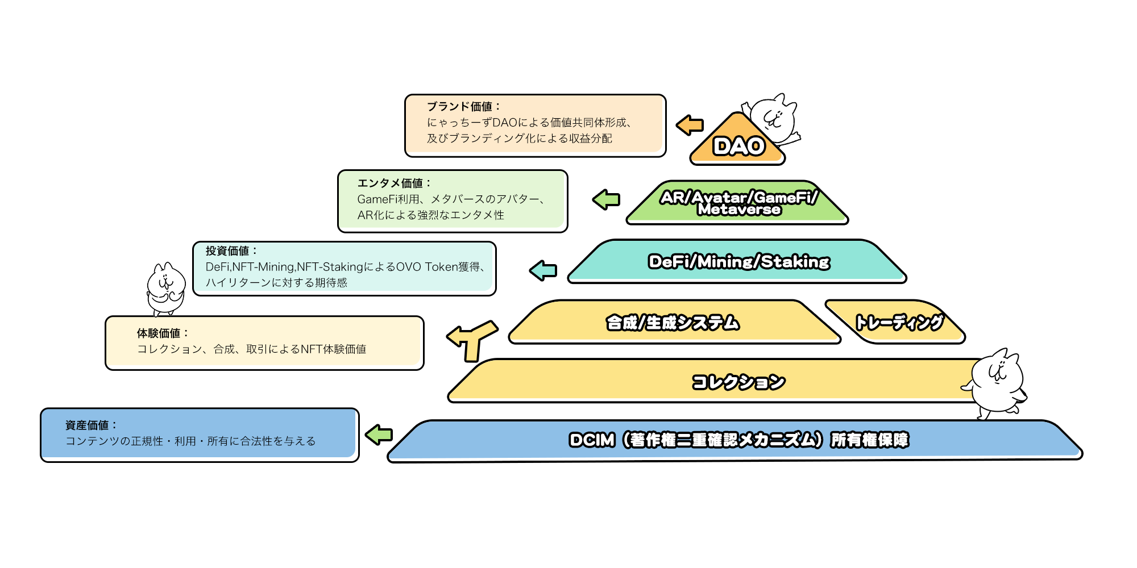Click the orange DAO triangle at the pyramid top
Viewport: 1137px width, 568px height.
click(x=737, y=142)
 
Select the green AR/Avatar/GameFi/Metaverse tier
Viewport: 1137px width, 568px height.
click(x=737, y=203)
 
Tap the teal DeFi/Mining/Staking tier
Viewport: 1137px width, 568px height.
click(x=737, y=261)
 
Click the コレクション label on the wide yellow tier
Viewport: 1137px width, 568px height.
click(x=738, y=382)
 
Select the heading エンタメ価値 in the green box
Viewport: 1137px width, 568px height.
click(x=394, y=183)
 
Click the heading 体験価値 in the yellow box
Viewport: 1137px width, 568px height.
click(x=163, y=333)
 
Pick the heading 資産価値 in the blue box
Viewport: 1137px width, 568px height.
click(x=92, y=425)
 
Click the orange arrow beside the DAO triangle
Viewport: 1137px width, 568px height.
click(x=690, y=125)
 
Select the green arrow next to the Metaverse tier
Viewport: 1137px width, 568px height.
click(x=606, y=199)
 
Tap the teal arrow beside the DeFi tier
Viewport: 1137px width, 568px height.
click(x=543, y=270)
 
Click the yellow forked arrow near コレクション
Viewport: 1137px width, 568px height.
click(x=472, y=340)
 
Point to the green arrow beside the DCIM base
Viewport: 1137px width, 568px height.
click(x=379, y=435)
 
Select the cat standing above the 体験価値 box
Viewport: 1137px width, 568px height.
click(x=165, y=289)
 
